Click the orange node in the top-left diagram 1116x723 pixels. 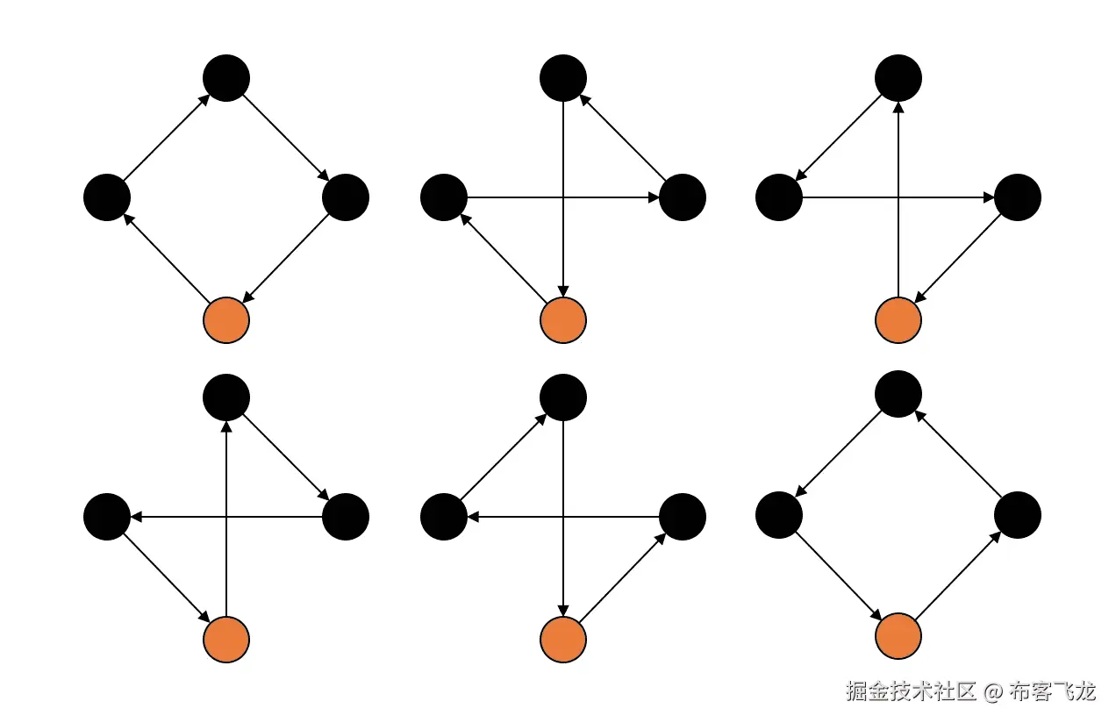[226, 320]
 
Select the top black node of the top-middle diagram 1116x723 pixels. [563, 77]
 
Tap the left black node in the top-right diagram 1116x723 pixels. [779, 197]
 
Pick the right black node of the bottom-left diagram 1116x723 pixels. [346, 517]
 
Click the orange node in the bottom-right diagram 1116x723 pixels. [898, 636]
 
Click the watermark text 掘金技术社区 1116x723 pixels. [911, 691]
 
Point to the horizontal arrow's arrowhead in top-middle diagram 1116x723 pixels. [654, 197]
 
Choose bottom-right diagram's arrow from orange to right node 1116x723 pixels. [958, 576]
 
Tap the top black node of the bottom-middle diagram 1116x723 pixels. [563, 397]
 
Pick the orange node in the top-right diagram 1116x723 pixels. [898, 320]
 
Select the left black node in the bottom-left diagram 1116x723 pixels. [107, 517]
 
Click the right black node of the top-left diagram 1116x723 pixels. [346, 197]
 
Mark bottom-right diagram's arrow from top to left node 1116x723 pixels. [839, 455]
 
